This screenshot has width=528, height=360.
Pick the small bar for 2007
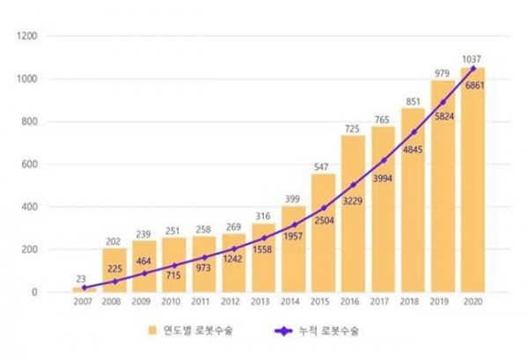(x=84, y=290)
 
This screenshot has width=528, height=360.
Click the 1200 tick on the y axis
(x=30, y=36)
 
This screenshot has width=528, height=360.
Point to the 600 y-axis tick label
(x=33, y=165)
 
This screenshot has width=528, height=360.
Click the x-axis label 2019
(x=443, y=303)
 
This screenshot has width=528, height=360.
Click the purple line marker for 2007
(x=84, y=288)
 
